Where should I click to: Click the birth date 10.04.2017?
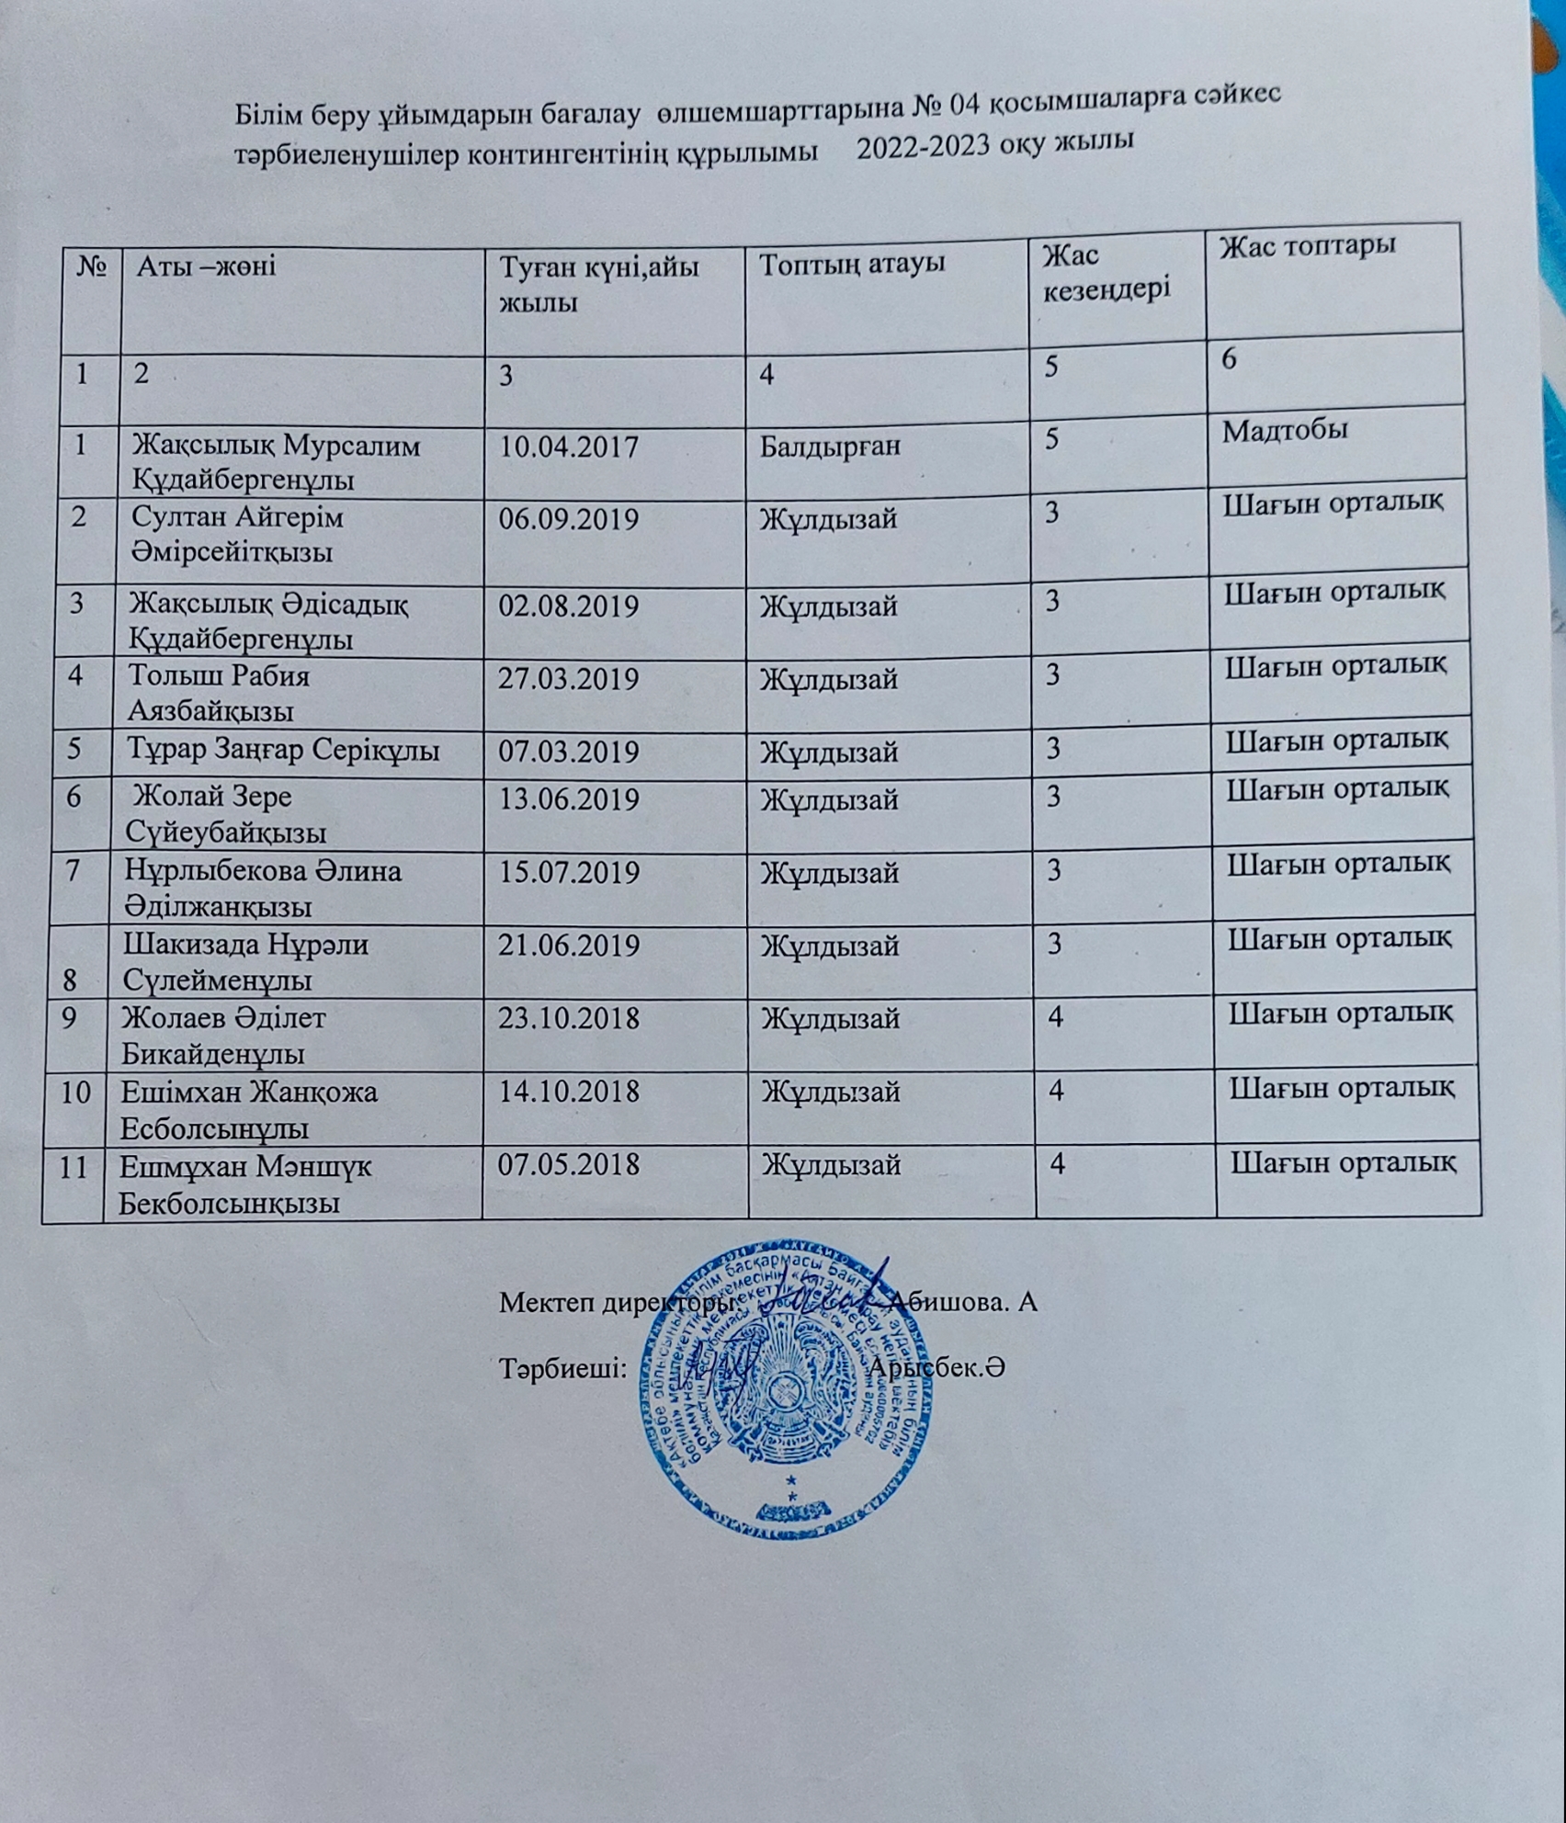click(568, 447)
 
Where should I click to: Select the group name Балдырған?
click(830, 447)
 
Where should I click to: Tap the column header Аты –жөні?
click(206, 266)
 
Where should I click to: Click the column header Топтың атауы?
click(852, 263)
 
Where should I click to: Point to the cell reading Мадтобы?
click(1285, 430)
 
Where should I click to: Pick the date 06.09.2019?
click(568, 519)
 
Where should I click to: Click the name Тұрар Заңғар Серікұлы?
click(283, 751)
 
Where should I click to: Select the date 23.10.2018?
click(569, 1018)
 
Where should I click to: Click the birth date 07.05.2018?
click(568, 1165)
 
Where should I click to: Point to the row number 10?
click(77, 1093)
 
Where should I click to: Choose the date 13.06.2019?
click(568, 799)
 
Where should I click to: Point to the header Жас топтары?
click(1307, 244)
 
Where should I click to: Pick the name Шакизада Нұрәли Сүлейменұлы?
click(245, 962)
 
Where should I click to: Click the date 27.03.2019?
click(568, 679)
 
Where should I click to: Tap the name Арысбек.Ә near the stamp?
click(936, 1368)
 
